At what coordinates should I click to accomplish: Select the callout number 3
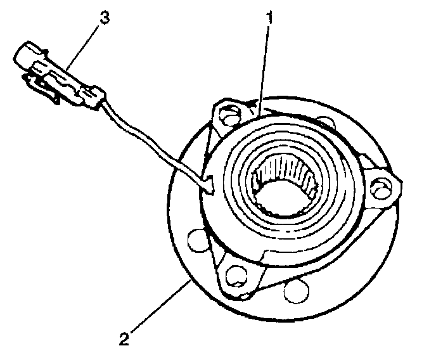pyautogui.click(x=104, y=18)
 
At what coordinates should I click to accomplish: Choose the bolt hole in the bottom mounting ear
pyautogui.click(x=236, y=274)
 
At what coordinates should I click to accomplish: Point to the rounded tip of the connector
pyautogui.click(x=22, y=53)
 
